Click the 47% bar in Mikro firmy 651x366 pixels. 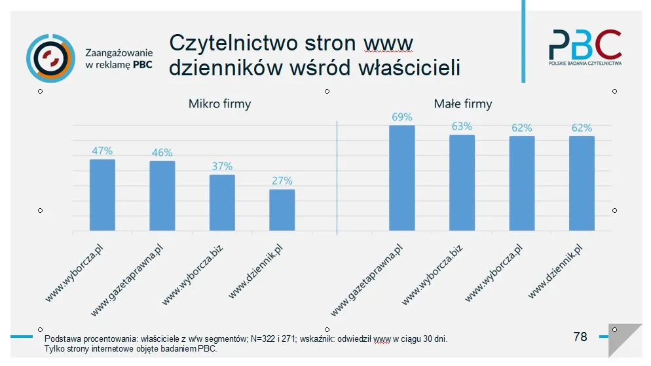pos(102,194)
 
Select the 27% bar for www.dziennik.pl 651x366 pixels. pos(282,210)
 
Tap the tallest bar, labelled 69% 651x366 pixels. pos(402,177)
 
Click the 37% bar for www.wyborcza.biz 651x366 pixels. pos(222,202)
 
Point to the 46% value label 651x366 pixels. pos(162,153)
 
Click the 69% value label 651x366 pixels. pos(402,117)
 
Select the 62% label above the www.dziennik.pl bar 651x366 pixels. pos(582,128)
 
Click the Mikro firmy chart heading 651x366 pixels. pos(219,104)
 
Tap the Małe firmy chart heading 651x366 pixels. pos(462,104)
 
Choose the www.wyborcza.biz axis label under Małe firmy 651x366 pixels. pos(432,274)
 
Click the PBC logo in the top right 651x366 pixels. pos(584,47)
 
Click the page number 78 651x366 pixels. pos(580,337)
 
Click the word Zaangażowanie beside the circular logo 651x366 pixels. pos(119,52)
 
